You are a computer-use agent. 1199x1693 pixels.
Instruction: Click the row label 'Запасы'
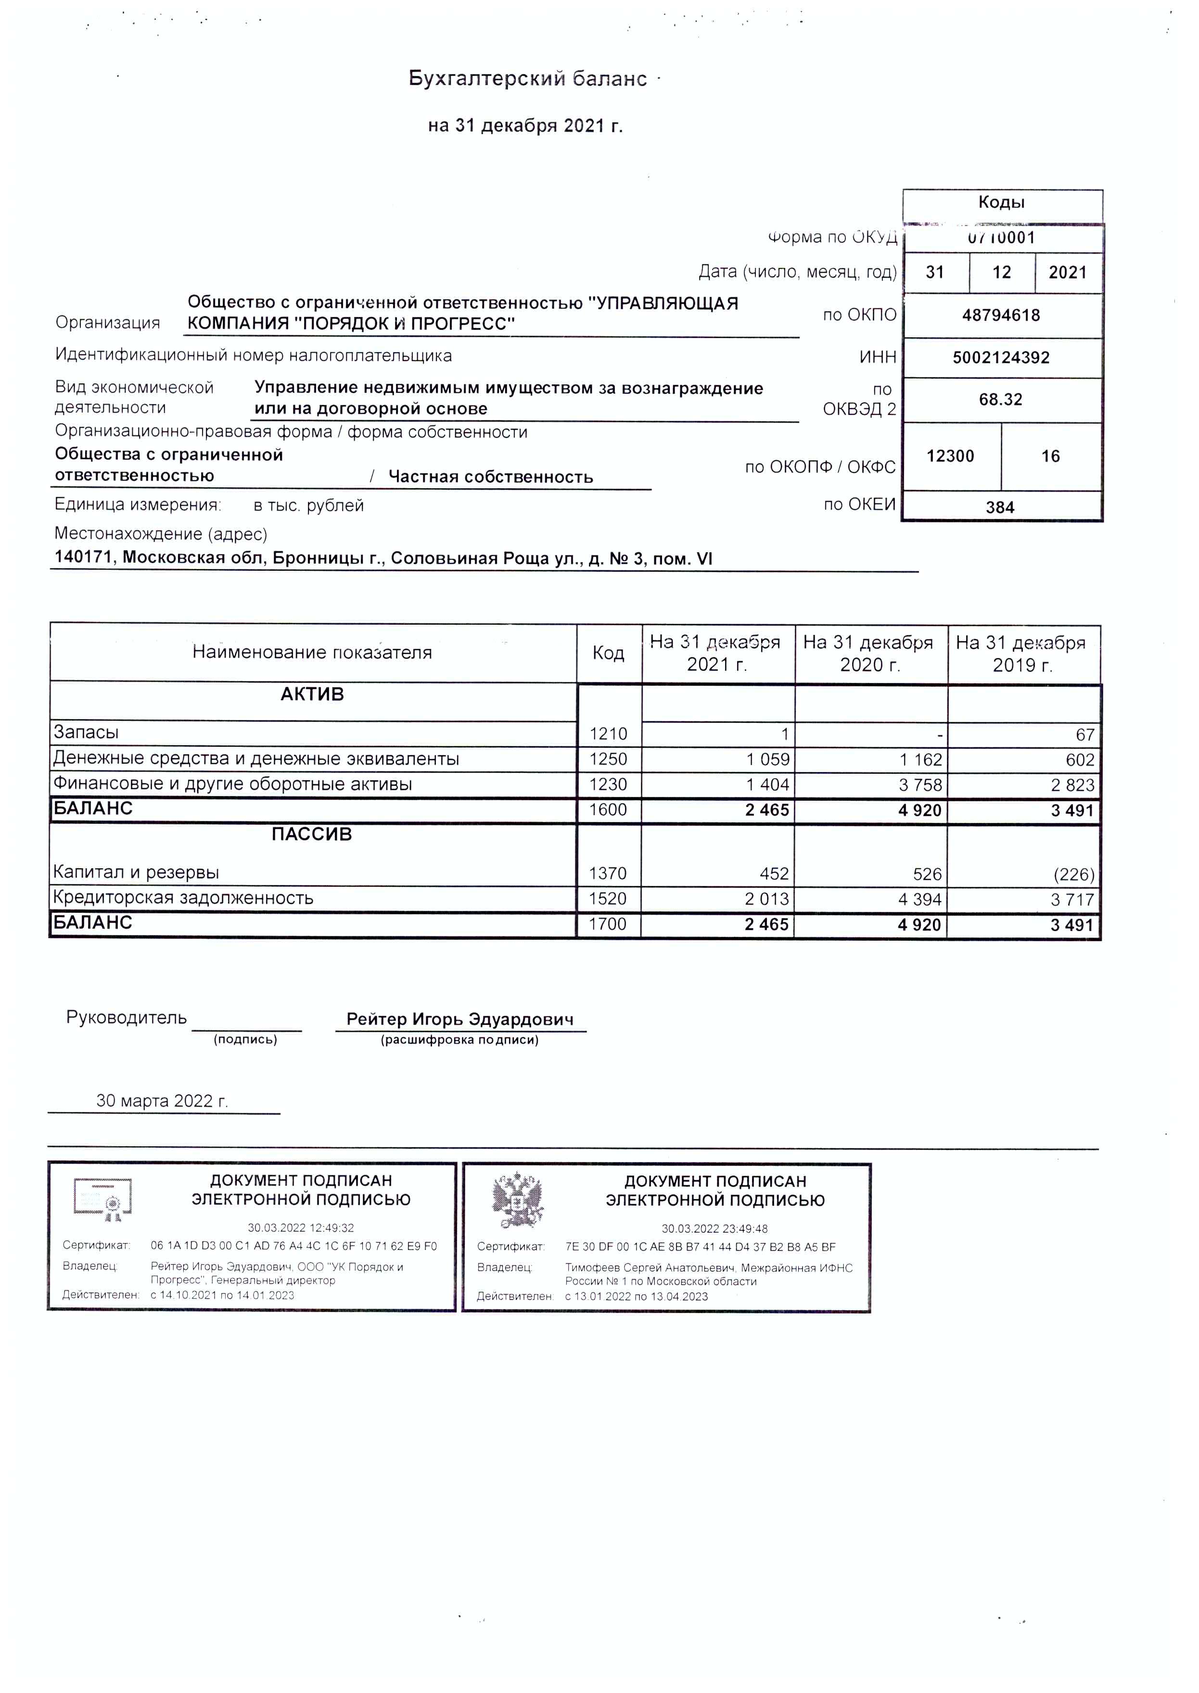86,733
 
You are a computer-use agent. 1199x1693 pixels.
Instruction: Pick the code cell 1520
608,899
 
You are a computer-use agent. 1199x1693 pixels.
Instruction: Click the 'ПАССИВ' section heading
312,834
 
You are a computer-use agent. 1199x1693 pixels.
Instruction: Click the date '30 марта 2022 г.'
163,1101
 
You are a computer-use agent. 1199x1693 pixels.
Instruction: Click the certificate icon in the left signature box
104,1199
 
